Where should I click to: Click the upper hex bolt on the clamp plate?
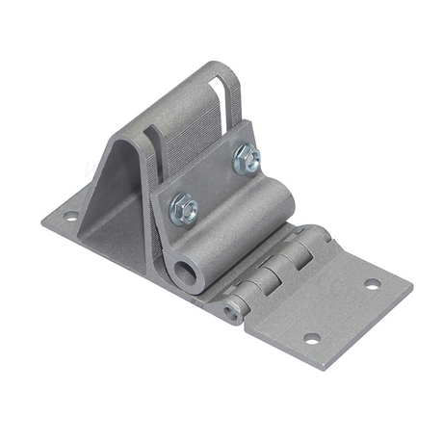[x=246, y=158]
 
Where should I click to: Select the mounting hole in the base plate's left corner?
[x=70, y=216]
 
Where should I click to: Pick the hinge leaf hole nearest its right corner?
[x=372, y=284]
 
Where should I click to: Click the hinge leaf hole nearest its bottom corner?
[x=311, y=338]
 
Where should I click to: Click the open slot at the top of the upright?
[x=221, y=96]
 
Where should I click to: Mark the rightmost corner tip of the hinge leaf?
[x=411, y=285]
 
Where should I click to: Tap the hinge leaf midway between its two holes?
[x=342, y=311]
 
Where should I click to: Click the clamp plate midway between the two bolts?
[x=215, y=183]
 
